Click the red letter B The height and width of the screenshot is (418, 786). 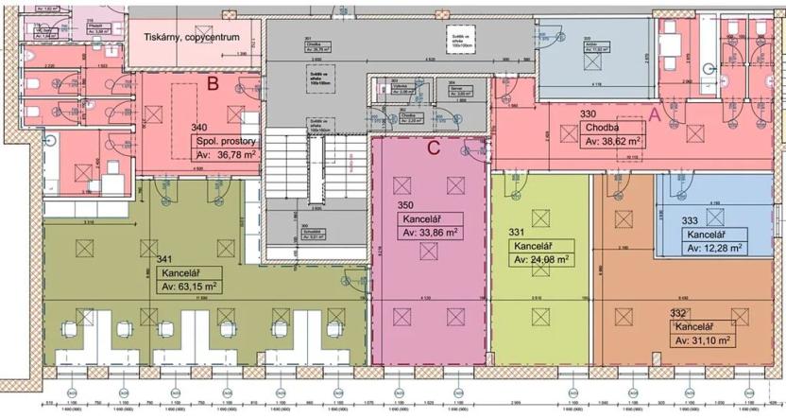point(214,83)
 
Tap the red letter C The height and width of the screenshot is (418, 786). point(434,148)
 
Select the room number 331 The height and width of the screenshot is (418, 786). point(517,232)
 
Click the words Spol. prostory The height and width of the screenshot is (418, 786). point(226,139)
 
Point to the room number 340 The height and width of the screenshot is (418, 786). point(199,127)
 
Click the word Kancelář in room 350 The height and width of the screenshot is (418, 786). point(421,218)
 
